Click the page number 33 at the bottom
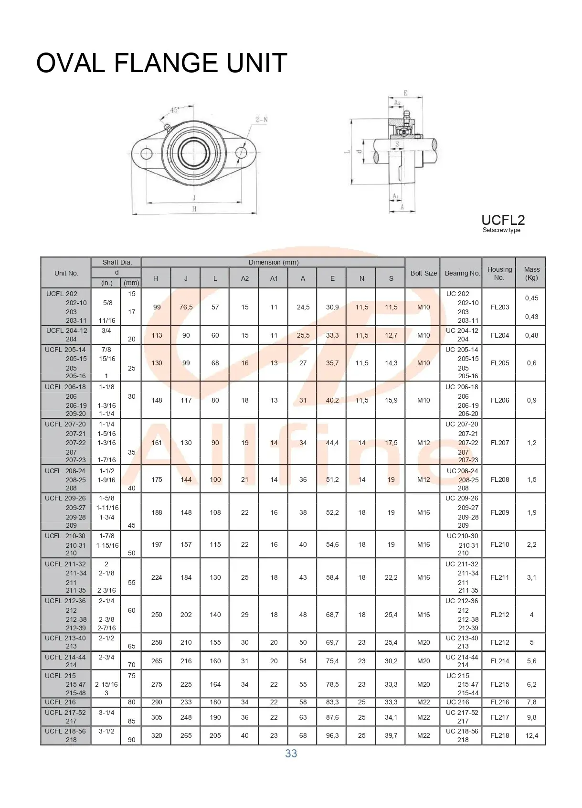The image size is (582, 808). pos(291,754)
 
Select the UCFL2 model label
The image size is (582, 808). pos(503,220)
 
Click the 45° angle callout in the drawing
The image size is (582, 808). pos(175,110)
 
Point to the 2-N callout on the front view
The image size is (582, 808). pos(262,120)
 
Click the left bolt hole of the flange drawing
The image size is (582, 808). pos(147,154)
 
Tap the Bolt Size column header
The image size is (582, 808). pos(423,273)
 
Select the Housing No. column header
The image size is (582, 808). pos(499,273)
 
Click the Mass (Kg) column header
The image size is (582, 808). pos(531,273)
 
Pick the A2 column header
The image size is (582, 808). pos(244,278)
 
